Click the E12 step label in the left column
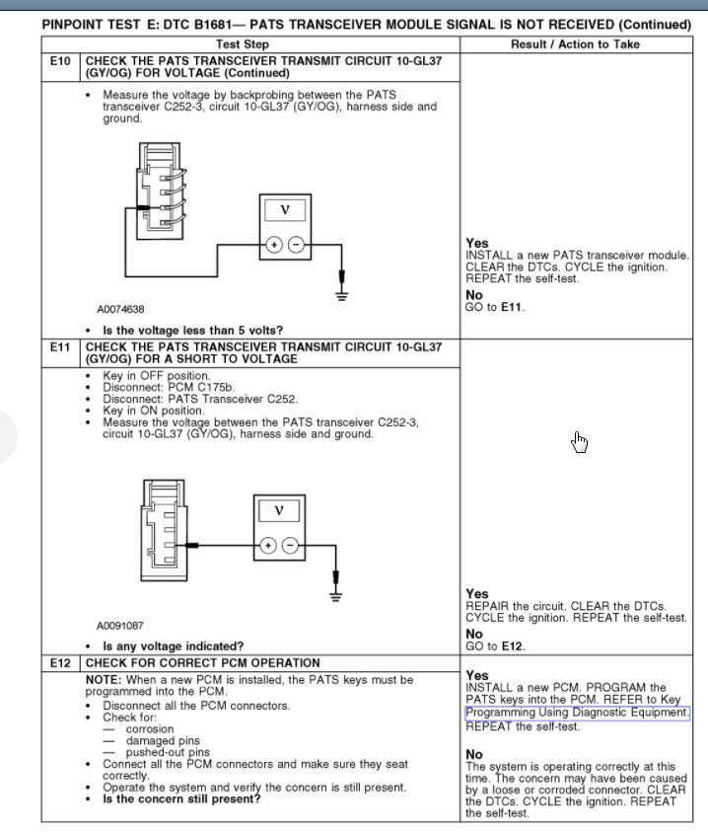point(60,663)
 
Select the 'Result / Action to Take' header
point(575,44)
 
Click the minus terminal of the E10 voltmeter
point(295,245)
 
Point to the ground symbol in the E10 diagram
point(342,294)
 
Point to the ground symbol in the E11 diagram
point(336,594)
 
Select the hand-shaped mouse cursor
point(579,442)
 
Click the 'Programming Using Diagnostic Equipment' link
point(577,713)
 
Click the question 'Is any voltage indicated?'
point(174,646)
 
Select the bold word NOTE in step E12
point(103,680)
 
